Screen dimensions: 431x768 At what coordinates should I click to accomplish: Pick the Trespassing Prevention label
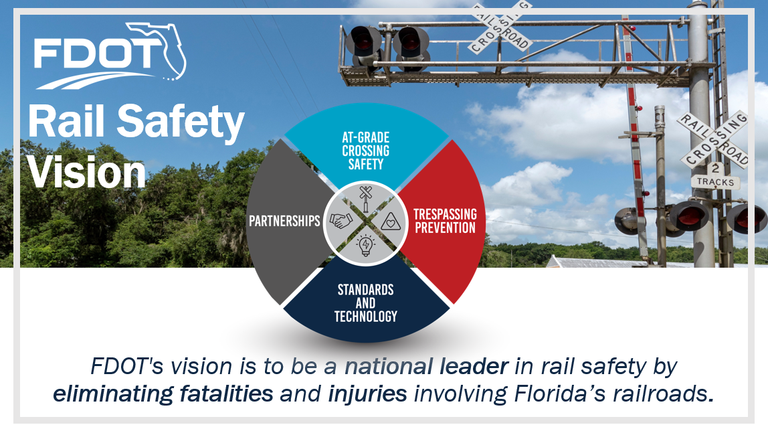click(444, 222)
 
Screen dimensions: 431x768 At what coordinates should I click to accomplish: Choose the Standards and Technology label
click(366, 303)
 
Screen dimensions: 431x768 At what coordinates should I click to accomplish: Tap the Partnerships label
click(284, 221)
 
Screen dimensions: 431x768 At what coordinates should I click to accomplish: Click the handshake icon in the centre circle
click(342, 220)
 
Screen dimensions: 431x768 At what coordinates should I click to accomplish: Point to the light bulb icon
click(365, 245)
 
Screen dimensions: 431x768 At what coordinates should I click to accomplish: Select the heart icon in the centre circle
click(389, 220)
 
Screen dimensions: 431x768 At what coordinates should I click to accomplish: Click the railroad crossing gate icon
click(365, 197)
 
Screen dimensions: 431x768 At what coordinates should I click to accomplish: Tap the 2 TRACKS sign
click(715, 176)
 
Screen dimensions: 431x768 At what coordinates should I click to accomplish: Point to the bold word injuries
click(367, 394)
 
